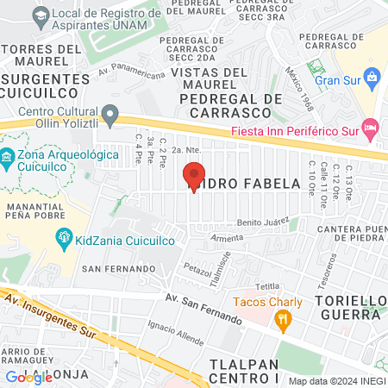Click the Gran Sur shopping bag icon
coord(371,78)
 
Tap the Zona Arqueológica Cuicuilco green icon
coord(8,158)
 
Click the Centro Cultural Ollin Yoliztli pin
coord(110,114)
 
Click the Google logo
coord(28,377)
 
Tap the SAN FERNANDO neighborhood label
coord(110,269)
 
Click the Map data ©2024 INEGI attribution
coord(336,381)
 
